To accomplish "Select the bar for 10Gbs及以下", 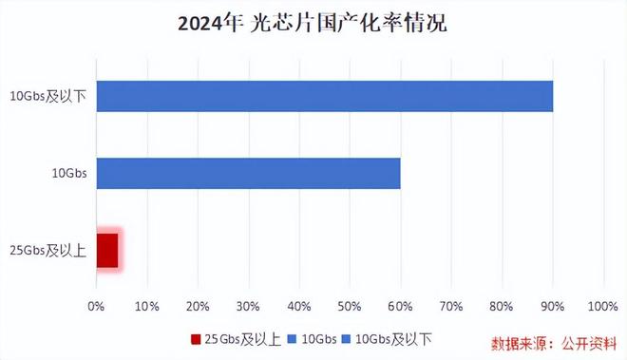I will click(324, 96).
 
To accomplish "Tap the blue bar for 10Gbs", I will click(248, 173).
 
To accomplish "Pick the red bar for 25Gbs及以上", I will click(107, 250).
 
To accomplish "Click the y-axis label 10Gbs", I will click(68, 173).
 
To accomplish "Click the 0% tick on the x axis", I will click(96, 306).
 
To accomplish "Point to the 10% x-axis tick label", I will click(147, 306).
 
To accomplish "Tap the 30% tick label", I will click(248, 306).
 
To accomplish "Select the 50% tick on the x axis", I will click(350, 306).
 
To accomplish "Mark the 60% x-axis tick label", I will click(400, 306).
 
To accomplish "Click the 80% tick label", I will click(502, 306).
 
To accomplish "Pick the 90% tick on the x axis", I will click(552, 306).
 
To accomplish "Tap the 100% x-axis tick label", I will click(602, 306).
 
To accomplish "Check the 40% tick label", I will click(299, 306).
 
